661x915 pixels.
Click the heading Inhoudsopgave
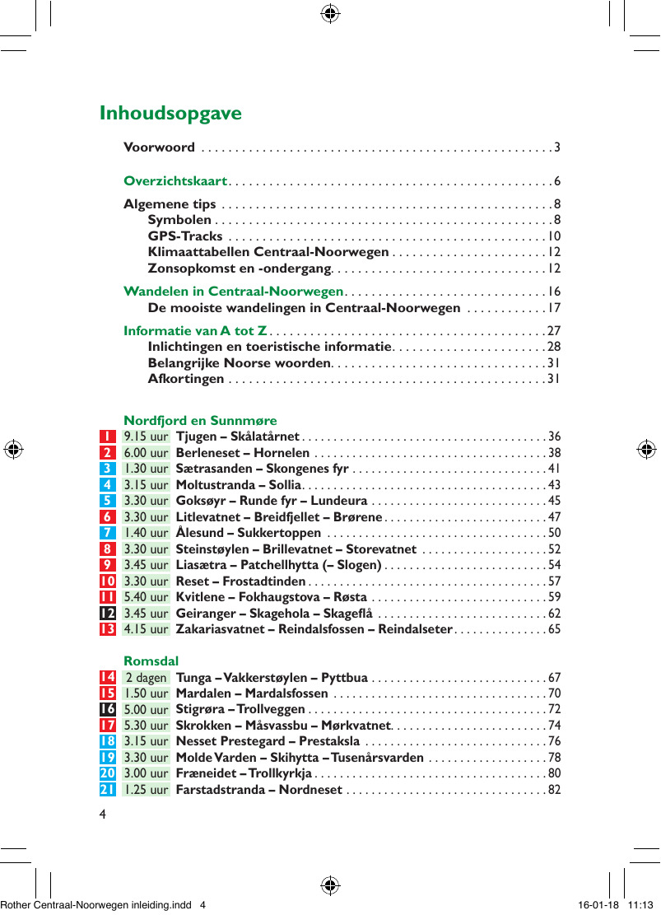(170, 113)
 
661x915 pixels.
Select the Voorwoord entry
(159, 147)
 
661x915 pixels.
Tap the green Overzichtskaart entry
(175, 181)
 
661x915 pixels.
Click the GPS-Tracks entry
(184, 237)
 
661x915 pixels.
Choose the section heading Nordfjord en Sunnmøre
(200, 421)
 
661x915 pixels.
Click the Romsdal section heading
(151, 661)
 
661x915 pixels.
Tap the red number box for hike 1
(108, 436)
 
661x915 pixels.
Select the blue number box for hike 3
(108, 469)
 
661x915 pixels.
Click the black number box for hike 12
(108, 614)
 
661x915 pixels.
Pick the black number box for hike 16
(108, 709)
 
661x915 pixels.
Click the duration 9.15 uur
(146, 436)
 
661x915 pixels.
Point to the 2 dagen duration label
(146, 678)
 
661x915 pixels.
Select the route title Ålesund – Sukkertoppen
(249, 533)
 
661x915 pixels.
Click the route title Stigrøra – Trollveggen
(240, 709)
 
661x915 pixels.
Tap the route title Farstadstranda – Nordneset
(259, 791)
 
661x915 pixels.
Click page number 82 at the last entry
(554, 791)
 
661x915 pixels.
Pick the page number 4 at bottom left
(102, 815)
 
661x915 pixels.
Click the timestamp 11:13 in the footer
(641, 904)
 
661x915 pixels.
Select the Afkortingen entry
(186, 379)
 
